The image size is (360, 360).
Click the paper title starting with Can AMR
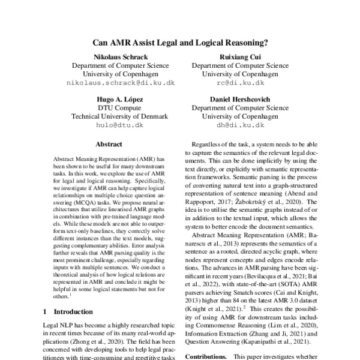[179, 43]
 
